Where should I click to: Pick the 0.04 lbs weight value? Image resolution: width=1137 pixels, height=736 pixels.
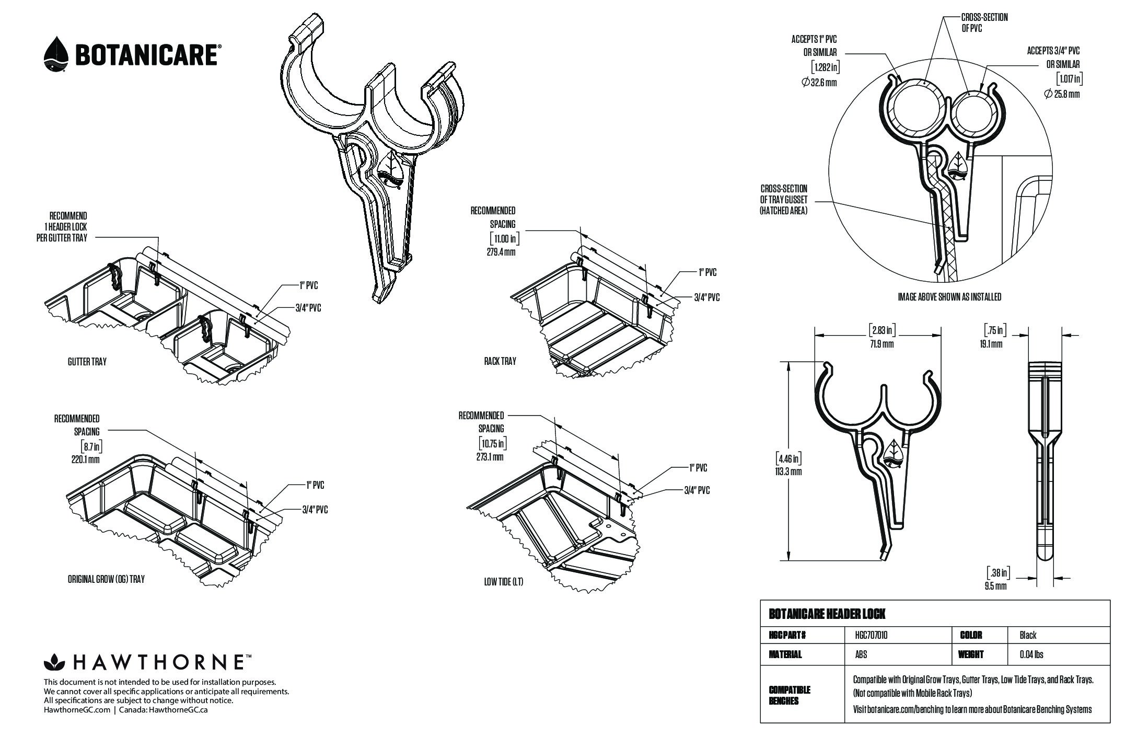[x=1031, y=654]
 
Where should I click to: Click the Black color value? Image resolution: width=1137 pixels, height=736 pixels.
[x=1028, y=635]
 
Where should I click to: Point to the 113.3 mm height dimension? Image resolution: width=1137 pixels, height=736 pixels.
[x=788, y=471]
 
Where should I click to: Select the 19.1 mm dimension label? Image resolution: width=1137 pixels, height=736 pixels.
[x=991, y=343]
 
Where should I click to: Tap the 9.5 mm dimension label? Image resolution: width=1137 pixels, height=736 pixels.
[x=996, y=586]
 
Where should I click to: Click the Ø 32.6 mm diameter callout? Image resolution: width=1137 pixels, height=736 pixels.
[x=819, y=82]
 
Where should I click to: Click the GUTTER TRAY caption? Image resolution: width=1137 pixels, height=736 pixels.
[x=87, y=361]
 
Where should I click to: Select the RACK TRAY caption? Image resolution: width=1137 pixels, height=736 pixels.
[x=500, y=361]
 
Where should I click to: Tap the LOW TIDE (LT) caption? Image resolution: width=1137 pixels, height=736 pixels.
[x=503, y=582]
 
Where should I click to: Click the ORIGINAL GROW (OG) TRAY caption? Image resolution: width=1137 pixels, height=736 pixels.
[x=106, y=579]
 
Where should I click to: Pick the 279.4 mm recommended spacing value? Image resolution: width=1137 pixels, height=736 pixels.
[x=501, y=252]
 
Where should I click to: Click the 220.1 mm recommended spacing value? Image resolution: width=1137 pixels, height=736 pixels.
[x=85, y=459]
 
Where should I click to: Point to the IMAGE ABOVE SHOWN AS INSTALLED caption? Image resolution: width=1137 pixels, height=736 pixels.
[x=949, y=297]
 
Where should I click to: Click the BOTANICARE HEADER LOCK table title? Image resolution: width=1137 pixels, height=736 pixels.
[x=827, y=614]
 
